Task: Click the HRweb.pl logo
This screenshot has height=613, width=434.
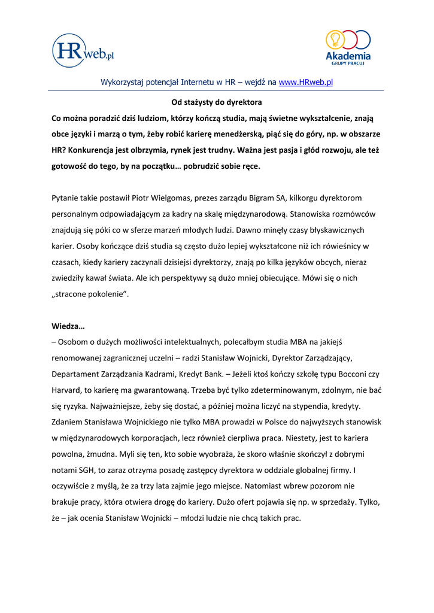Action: [83, 50]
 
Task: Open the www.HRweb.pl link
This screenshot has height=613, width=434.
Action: [306, 82]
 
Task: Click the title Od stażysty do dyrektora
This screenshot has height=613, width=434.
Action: [217, 102]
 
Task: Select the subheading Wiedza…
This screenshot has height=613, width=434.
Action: [68, 326]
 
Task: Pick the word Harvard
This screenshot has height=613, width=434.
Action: [69, 390]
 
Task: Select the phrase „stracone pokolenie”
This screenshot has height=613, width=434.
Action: [90, 295]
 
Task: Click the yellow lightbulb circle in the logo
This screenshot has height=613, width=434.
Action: [335, 39]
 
